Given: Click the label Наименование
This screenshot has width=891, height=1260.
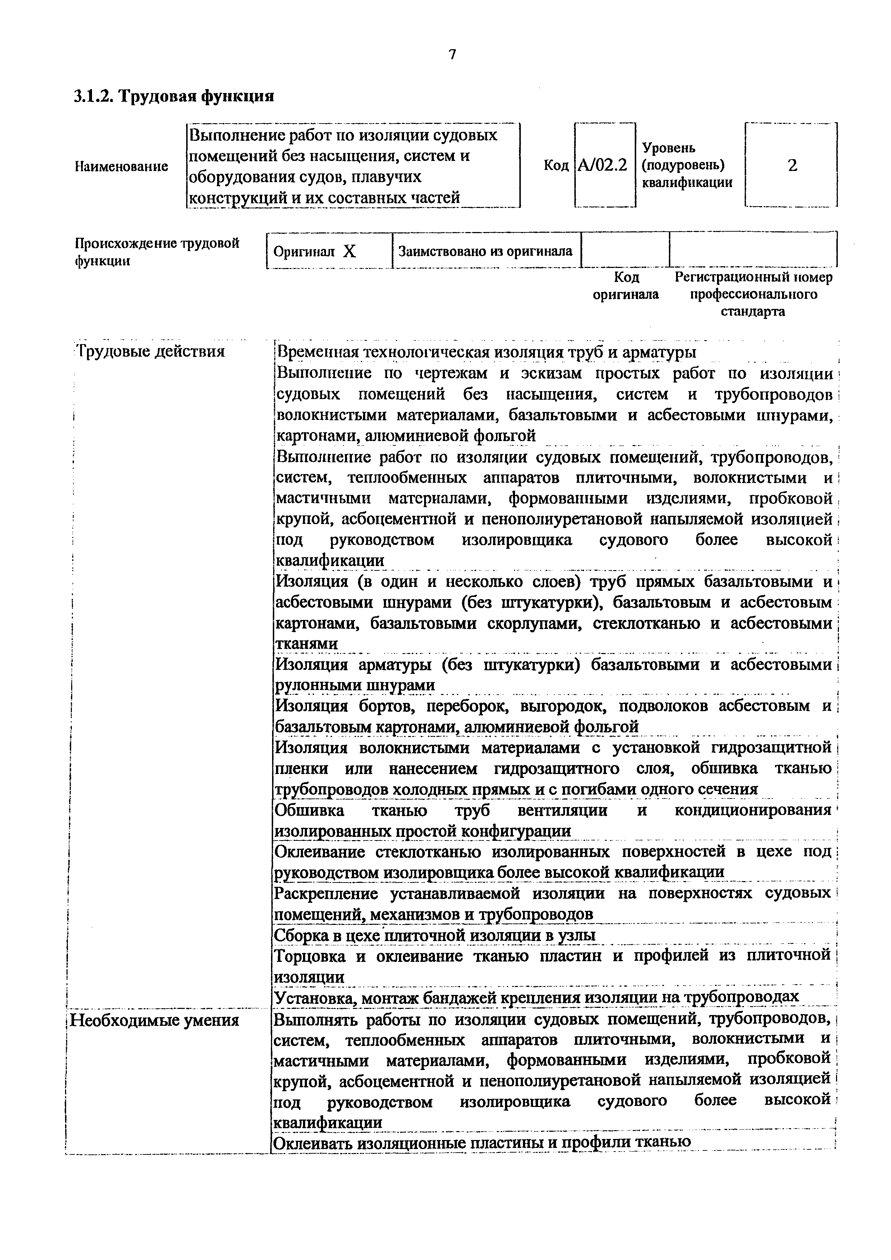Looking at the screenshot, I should coord(121,166).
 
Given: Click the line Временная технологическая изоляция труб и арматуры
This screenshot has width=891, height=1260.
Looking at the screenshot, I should coord(486,352).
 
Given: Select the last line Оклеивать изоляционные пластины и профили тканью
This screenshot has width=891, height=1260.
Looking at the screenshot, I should coord(482,1142).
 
